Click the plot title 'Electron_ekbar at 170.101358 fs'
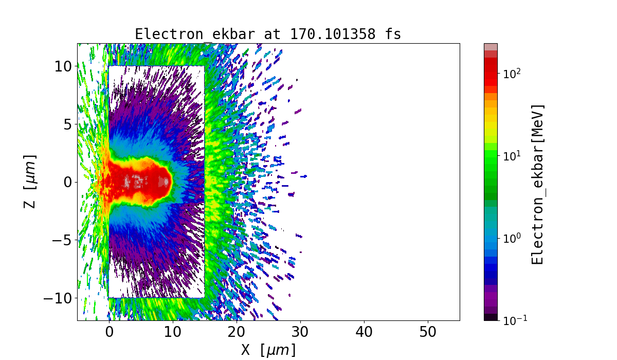tap(268, 34)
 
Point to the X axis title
tap(268, 350)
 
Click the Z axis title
tap(30, 182)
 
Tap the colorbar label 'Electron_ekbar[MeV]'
tap(537, 184)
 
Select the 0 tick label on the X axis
tap(109, 333)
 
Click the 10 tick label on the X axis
tap(173, 333)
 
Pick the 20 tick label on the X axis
tap(237, 333)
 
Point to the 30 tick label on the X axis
tap(300, 333)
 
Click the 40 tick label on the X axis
tap(364, 333)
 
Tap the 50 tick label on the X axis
tap(428, 333)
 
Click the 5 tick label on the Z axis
tap(67, 124)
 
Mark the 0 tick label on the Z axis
tap(67, 182)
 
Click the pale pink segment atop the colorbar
tap(491, 47)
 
